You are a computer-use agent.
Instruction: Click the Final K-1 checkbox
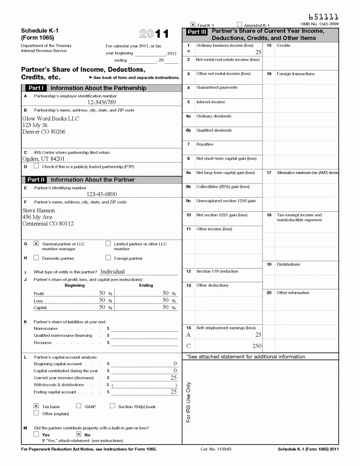tap(193, 25)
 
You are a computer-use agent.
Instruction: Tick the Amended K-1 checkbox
tap(239, 25)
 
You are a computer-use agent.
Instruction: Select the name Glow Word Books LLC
tap(51, 119)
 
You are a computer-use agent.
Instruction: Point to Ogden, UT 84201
tap(43, 159)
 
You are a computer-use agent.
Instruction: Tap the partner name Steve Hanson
tap(39, 211)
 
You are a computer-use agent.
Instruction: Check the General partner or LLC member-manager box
tap(36, 243)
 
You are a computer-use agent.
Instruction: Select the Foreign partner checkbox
tap(108, 258)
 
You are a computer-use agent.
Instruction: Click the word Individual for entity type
tap(112, 272)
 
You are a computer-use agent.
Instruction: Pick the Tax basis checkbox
tap(36, 405)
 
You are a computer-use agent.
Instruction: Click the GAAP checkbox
tap(79, 405)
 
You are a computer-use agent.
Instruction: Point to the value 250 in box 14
tap(257, 346)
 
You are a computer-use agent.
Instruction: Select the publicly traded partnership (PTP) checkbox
tap(36, 166)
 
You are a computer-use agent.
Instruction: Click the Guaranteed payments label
tap(217, 87)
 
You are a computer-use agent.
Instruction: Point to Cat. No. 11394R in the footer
tap(216, 449)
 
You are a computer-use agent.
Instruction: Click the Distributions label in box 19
tap(288, 264)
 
